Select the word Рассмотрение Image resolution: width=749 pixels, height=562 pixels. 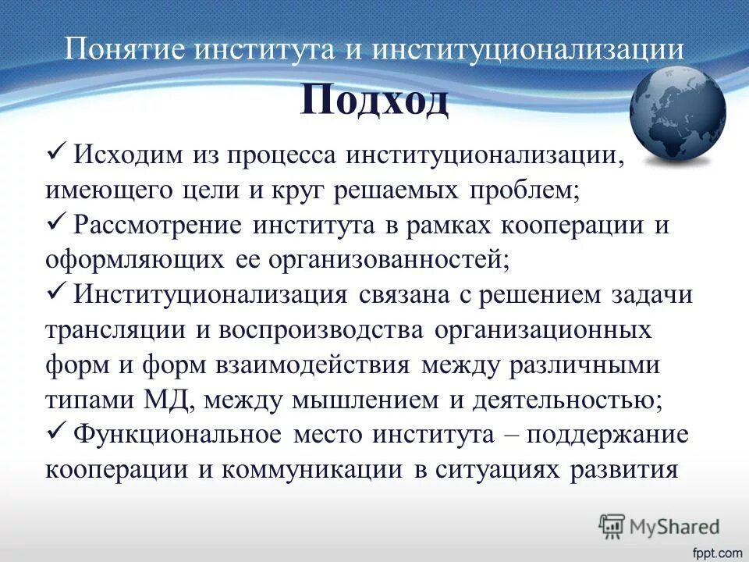point(159,226)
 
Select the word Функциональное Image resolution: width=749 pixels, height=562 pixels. point(177,435)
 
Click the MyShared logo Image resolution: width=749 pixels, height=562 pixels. point(658,527)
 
